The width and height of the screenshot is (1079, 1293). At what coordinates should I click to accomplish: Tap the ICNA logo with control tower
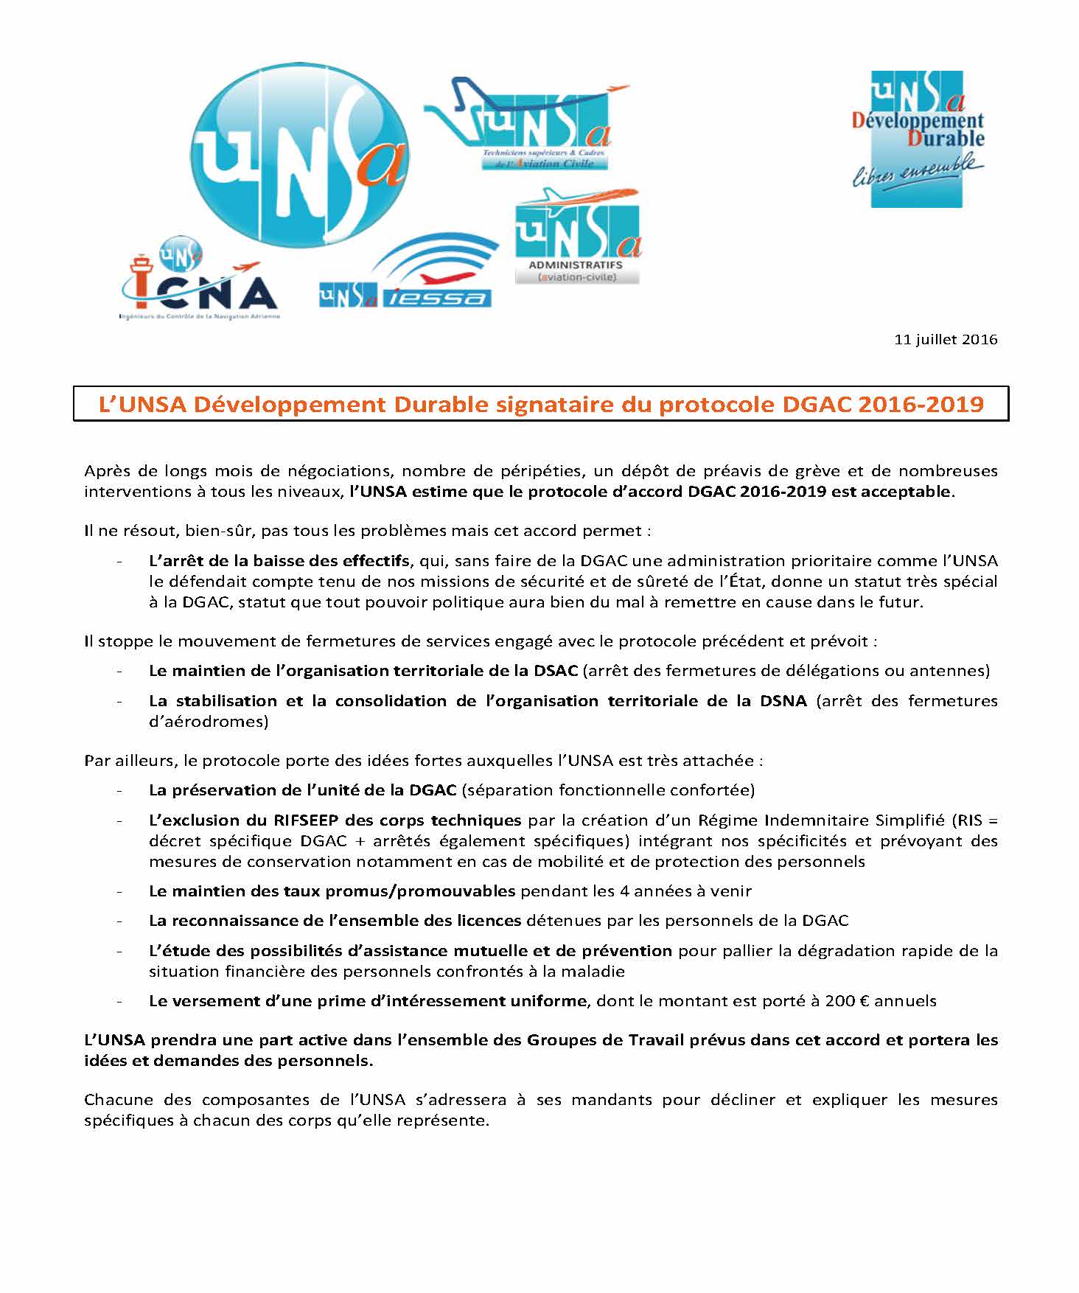199,280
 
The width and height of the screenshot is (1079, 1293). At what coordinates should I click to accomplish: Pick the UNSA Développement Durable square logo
917,139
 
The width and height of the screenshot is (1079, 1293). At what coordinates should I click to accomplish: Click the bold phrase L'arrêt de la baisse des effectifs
279,560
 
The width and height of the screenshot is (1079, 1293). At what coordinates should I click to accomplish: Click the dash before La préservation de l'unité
119,790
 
